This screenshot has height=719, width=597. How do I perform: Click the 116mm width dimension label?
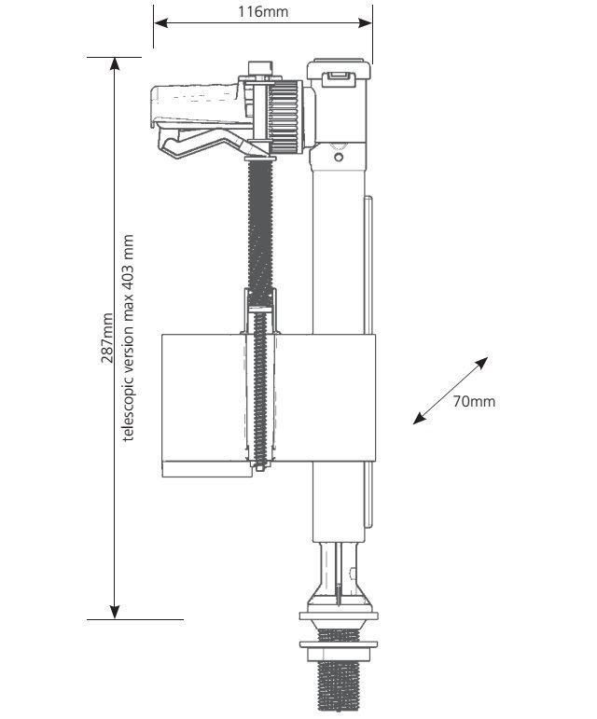(x=263, y=12)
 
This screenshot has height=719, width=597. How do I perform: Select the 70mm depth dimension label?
(x=474, y=402)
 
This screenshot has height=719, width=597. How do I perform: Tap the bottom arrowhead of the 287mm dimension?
(x=114, y=612)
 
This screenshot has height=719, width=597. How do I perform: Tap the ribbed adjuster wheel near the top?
(x=285, y=117)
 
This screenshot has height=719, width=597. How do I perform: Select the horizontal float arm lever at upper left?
(x=196, y=102)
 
